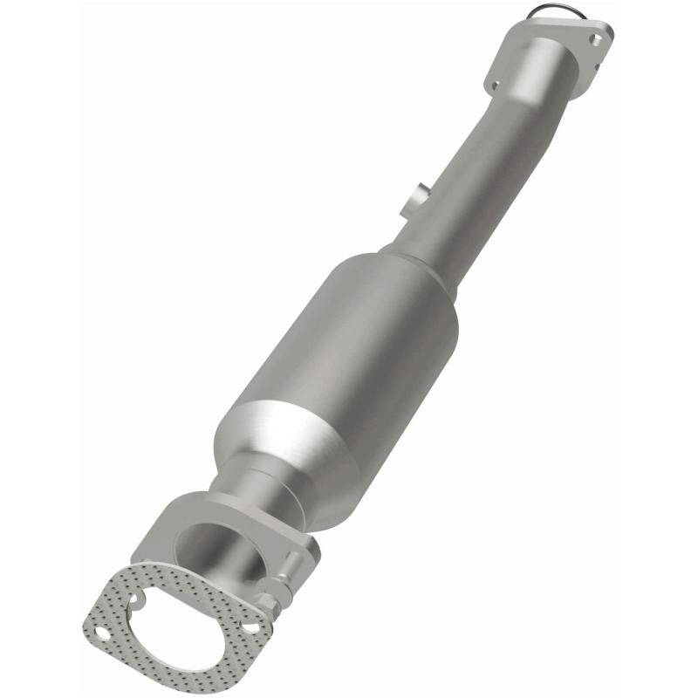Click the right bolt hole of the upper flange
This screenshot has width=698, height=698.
596,39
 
